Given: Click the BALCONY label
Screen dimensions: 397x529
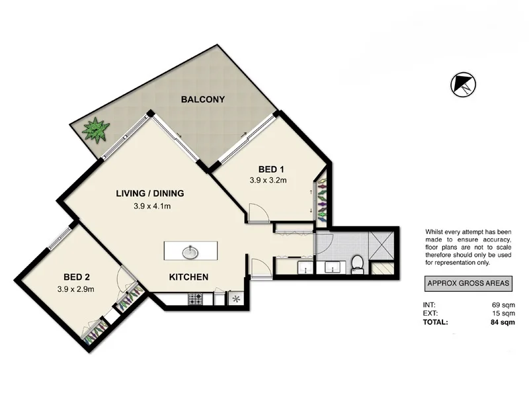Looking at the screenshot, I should point(203,100).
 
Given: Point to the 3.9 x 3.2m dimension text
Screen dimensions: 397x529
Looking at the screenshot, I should point(267,179).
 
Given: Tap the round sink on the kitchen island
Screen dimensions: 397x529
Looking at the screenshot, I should point(190,251).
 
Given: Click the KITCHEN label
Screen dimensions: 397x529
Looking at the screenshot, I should point(189,277).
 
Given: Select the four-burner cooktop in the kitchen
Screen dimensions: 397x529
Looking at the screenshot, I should point(196,298).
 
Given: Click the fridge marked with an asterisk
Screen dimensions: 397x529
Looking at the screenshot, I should point(236,298).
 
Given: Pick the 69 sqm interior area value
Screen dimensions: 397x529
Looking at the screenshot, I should point(501,304).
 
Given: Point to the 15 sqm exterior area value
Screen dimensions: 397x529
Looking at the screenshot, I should point(501,313).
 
